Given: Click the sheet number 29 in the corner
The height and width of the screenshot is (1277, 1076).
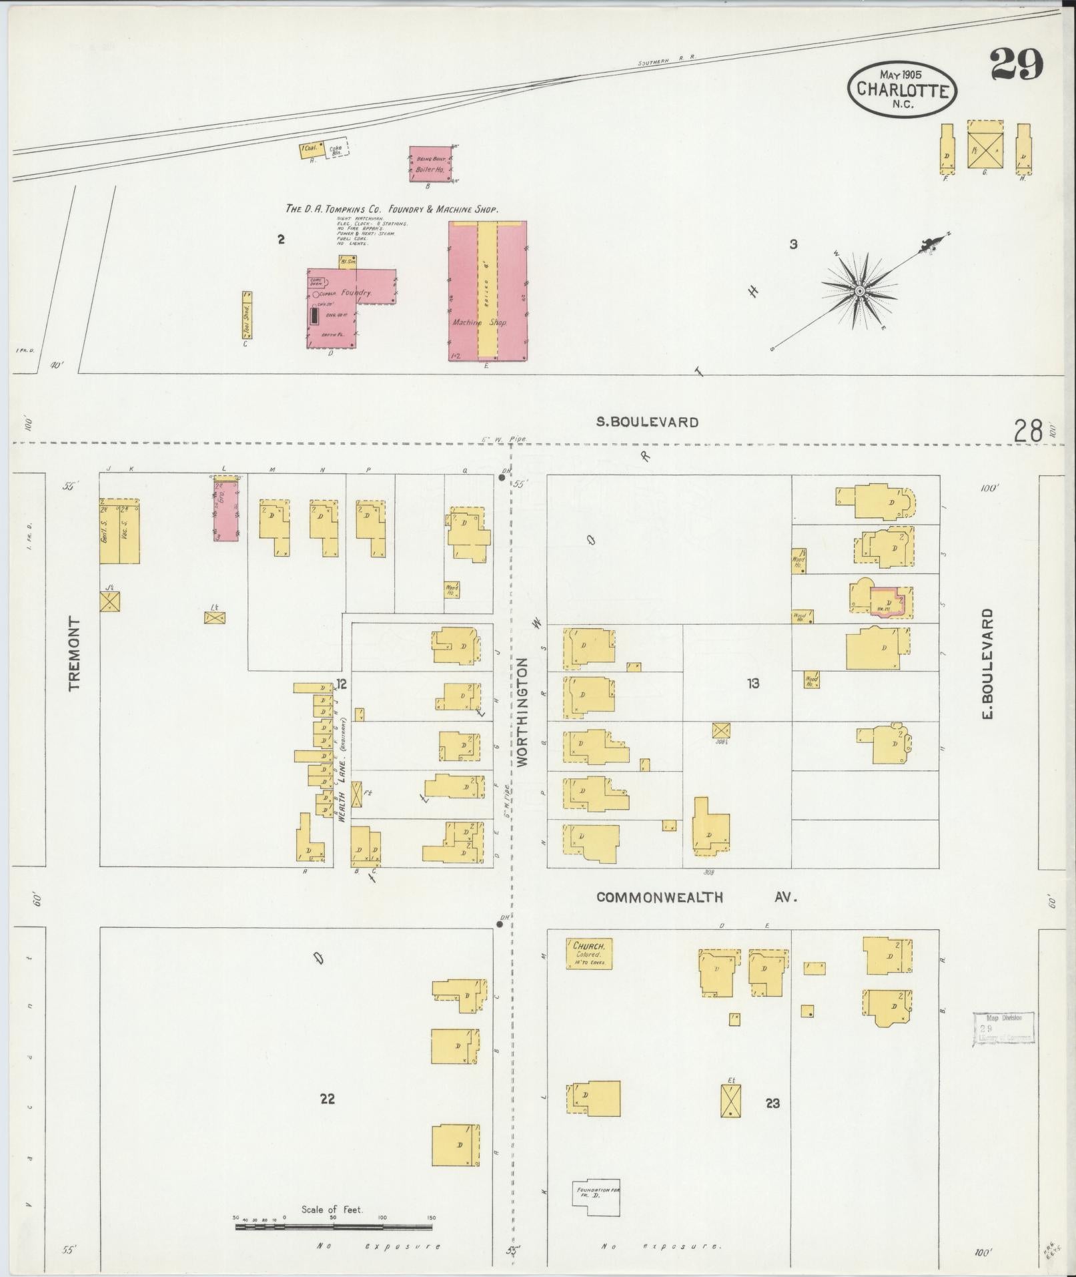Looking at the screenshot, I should (1016, 65).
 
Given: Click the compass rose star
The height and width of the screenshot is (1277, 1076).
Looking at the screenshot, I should (860, 291).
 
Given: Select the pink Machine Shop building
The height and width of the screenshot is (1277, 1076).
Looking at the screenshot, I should (488, 292).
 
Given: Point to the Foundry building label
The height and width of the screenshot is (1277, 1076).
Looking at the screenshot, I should (355, 293).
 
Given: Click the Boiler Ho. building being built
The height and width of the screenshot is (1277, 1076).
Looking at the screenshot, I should (430, 164).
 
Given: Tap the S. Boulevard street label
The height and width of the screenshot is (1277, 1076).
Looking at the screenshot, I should (647, 422).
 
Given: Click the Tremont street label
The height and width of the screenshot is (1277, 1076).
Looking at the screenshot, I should (74, 653).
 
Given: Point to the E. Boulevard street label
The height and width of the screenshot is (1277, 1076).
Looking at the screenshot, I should (988, 663).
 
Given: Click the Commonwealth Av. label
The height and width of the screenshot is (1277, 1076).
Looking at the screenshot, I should (696, 898).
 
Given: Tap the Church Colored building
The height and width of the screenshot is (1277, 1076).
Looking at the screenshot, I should (589, 954).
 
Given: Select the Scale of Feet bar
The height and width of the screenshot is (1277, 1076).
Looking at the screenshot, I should (334, 1226).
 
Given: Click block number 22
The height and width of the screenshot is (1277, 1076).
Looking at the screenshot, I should (327, 1098).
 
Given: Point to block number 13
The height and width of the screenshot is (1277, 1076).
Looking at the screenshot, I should (753, 683).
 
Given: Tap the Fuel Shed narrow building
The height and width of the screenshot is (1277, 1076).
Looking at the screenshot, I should (246, 314).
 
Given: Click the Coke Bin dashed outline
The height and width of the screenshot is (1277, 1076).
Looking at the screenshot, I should (337, 150).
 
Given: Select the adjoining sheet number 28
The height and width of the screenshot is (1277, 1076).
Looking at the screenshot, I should (1027, 431).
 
